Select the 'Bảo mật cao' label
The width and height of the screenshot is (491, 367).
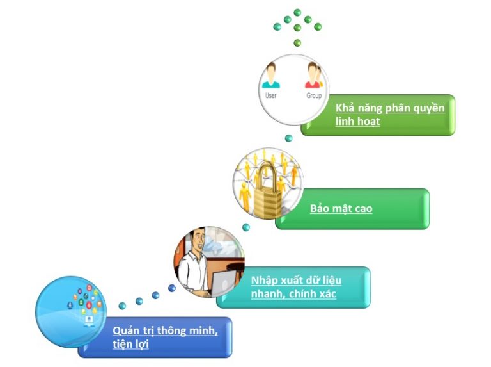[x=341, y=208]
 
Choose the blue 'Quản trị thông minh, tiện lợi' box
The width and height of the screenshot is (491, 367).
[x=165, y=337]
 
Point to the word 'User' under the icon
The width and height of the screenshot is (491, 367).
[x=271, y=95]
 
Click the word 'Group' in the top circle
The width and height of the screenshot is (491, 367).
[x=313, y=95]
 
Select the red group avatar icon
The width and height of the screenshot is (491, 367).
[x=313, y=76]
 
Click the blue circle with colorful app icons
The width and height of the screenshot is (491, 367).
[x=66, y=311]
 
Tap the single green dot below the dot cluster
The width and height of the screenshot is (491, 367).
[x=297, y=43]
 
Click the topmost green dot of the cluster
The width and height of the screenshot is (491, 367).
[x=297, y=12]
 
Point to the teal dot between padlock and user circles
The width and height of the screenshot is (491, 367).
[x=288, y=138]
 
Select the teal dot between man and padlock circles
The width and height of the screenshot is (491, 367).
[x=246, y=227]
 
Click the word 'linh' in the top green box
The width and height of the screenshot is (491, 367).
[x=345, y=121]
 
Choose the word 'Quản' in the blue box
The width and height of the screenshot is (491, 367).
[x=126, y=330]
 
